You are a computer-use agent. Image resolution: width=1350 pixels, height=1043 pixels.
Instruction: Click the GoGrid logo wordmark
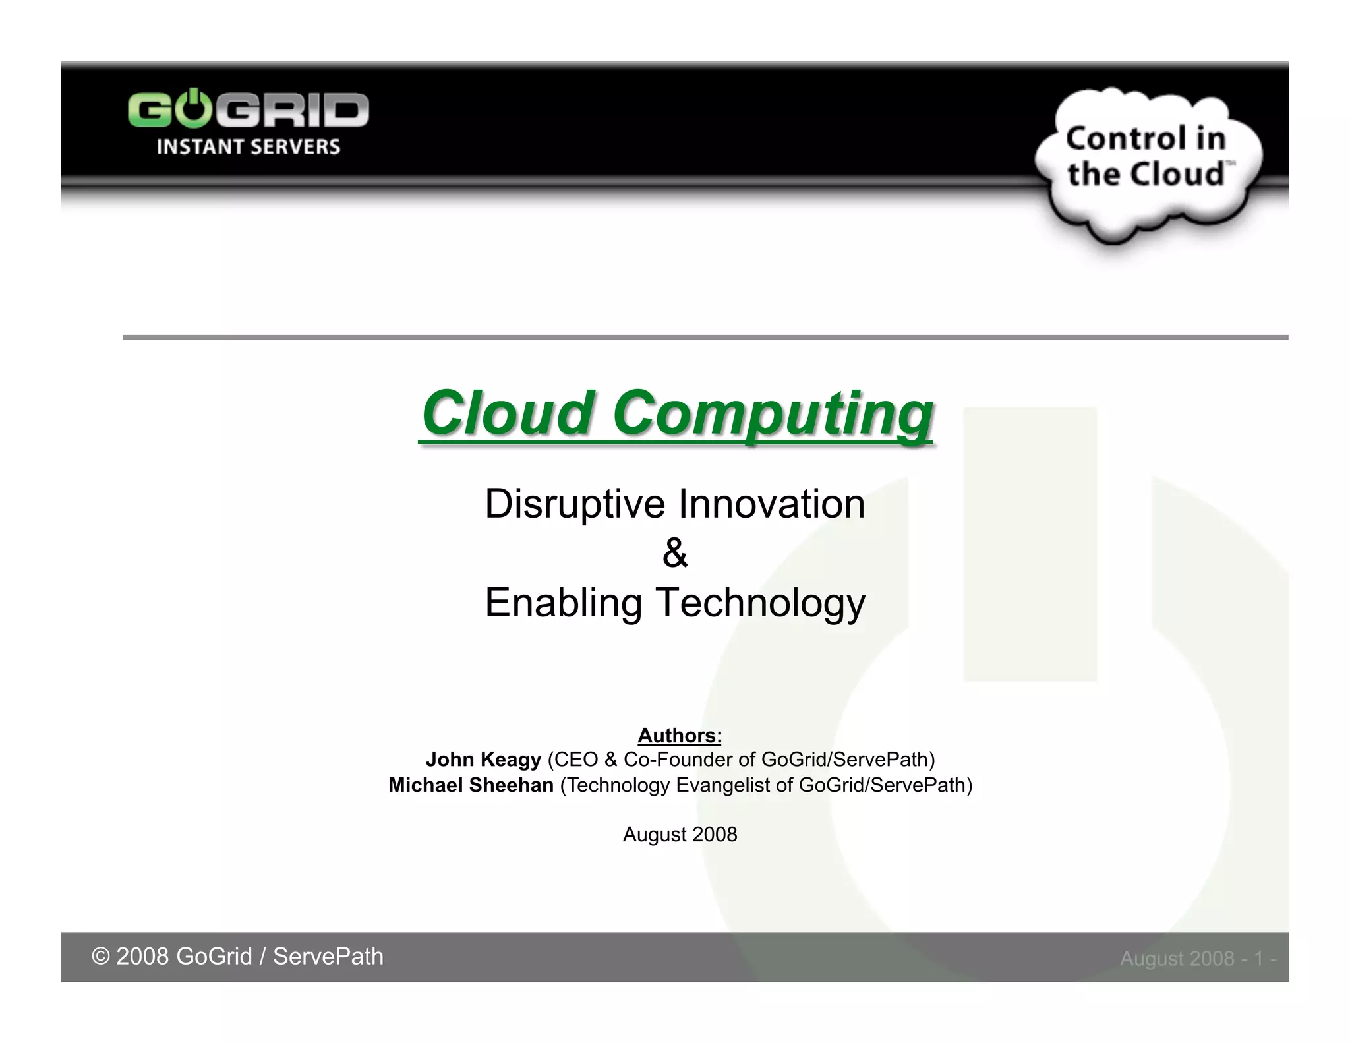(x=248, y=109)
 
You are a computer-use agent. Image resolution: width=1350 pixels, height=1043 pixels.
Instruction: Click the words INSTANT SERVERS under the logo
(x=248, y=146)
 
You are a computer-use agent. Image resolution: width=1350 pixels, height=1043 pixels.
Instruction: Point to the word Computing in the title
(x=773, y=413)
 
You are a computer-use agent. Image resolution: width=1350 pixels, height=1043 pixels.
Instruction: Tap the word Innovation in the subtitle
(x=771, y=504)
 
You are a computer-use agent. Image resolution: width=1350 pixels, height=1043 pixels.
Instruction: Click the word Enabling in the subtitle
(x=563, y=603)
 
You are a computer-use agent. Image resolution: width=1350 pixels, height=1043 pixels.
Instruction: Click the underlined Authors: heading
(x=680, y=735)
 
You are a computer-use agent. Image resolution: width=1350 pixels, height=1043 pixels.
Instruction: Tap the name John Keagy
(x=483, y=760)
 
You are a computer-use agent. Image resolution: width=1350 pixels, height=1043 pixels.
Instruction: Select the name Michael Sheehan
(x=471, y=785)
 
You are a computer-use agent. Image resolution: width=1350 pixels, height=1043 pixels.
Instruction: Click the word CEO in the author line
(x=575, y=760)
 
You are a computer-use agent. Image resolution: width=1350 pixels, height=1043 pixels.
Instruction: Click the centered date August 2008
(x=680, y=835)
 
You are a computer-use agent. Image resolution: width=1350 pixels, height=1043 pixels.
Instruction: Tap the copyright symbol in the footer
(x=100, y=957)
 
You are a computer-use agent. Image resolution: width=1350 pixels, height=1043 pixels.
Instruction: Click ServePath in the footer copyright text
(x=328, y=957)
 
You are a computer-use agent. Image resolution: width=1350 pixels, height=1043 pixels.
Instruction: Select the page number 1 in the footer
(x=1258, y=959)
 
